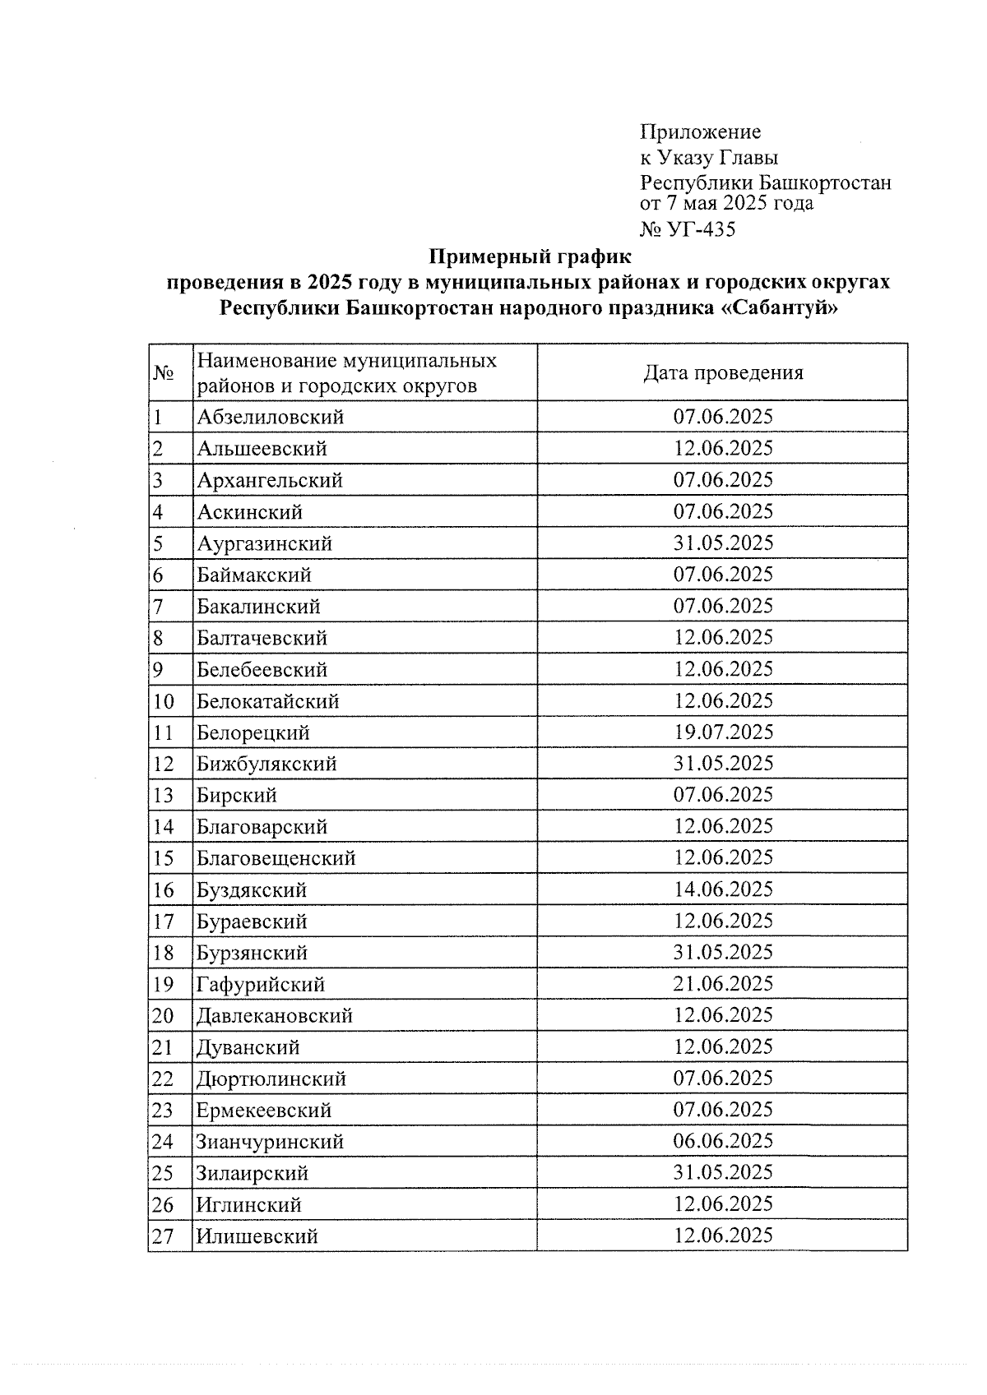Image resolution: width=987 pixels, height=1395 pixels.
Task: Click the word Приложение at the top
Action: (700, 132)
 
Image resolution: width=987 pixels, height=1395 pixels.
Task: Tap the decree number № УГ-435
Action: (688, 229)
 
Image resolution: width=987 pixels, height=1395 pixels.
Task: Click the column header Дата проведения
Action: (722, 373)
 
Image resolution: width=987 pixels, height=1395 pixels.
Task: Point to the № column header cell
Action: (164, 373)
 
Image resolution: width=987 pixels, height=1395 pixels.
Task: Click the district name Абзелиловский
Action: (270, 418)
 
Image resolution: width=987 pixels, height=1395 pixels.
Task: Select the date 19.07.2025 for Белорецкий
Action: (723, 732)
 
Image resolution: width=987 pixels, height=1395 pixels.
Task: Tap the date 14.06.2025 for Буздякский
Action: (723, 889)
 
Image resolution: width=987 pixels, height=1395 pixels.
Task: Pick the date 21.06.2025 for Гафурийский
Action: (723, 984)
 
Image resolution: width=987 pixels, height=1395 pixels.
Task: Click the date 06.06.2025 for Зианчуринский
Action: (723, 1141)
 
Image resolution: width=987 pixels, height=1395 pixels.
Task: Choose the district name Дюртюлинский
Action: (271, 1079)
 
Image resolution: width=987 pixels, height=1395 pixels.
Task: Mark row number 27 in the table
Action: (163, 1236)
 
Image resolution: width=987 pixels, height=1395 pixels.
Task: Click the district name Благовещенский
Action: (276, 858)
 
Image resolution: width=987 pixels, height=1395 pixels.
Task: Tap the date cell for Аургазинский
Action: (723, 543)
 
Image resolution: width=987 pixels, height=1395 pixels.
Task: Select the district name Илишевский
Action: (257, 1236)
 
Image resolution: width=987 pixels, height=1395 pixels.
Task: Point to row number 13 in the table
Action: (163, 796)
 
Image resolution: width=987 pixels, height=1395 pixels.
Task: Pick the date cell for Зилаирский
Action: (723, 1172)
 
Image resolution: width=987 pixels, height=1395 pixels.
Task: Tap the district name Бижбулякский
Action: (266, 764)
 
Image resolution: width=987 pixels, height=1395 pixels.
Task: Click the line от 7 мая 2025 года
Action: (726, 203)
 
